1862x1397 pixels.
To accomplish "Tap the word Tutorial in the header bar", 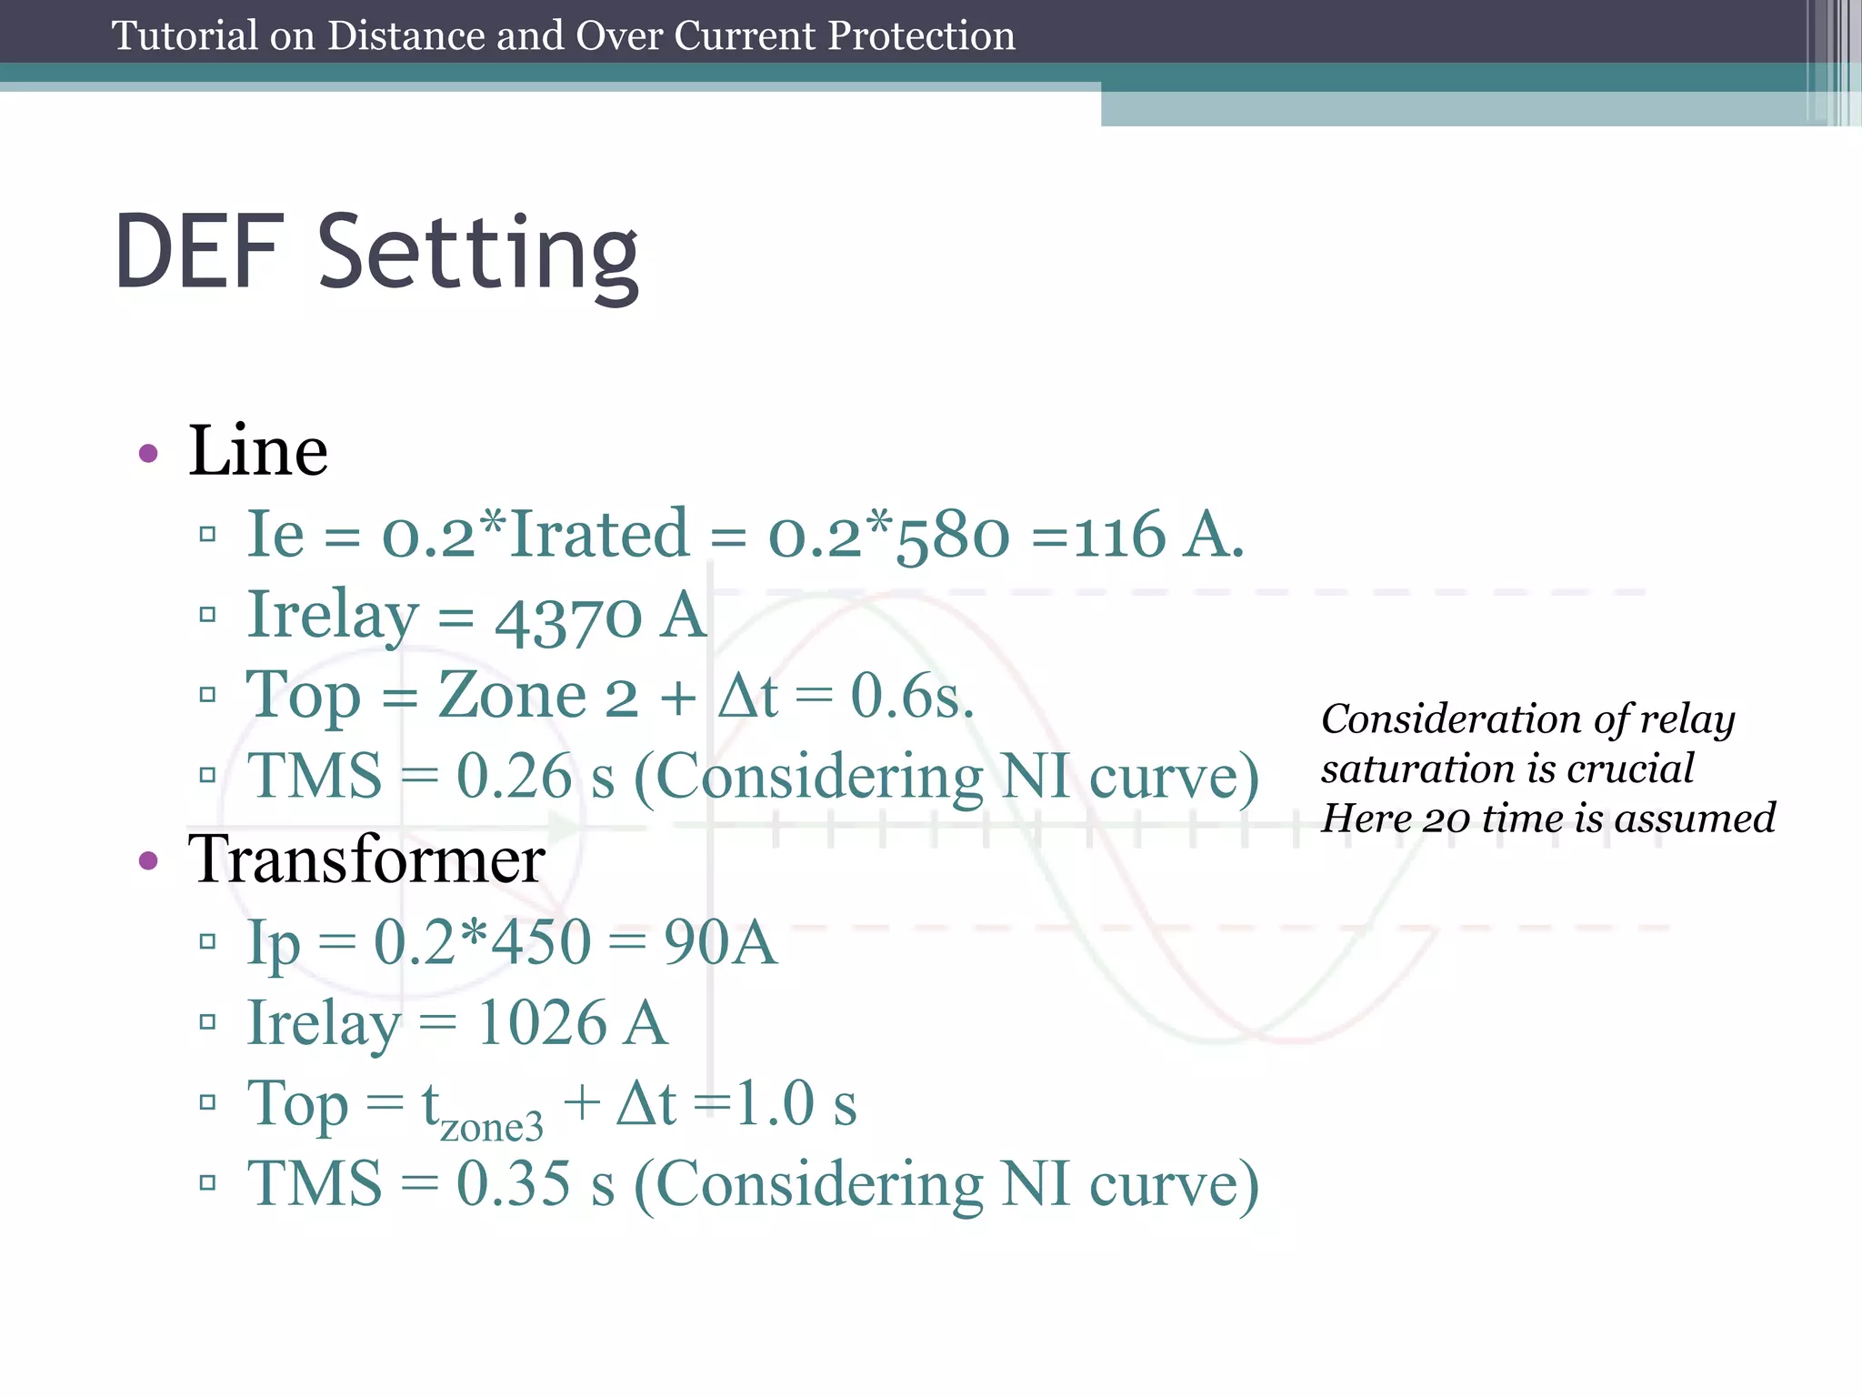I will point(185,36).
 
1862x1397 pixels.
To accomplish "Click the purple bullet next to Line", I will point(148,452).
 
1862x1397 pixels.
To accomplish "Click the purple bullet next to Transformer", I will point(148,859).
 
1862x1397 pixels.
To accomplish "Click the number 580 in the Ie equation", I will point(953,537).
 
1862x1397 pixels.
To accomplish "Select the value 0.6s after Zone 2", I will point(912,697).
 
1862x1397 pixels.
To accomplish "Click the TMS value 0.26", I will point(515,777).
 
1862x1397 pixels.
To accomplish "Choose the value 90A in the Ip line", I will point(720,942).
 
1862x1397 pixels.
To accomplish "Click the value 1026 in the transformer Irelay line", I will point(542,1023).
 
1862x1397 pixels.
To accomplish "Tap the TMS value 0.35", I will point(515,1184).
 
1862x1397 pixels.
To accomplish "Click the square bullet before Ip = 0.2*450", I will point(207,941).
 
